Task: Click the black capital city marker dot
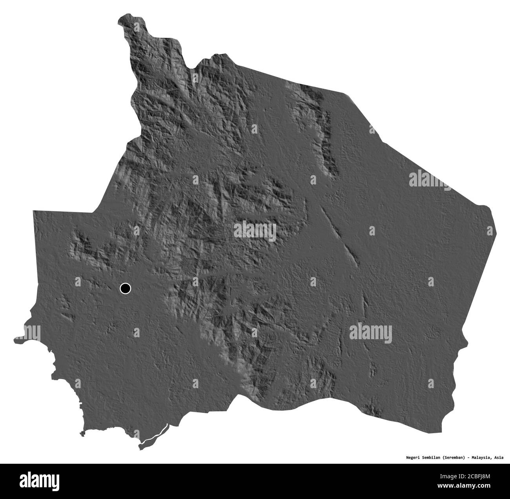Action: click(x=125, y=289)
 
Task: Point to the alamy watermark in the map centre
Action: click(x=255, y=231)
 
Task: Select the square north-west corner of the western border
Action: click(x=35, y=212)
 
